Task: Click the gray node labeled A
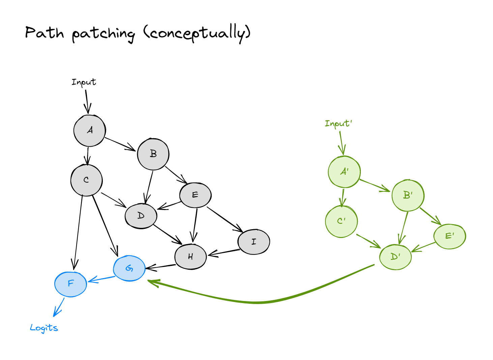pos(90,131)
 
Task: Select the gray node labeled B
pos(153,154)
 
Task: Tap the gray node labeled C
pos(87,180)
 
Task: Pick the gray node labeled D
pos(141,216)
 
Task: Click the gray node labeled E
pos(196,195)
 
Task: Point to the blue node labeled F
pos(71,284)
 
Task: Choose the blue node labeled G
pos(129,268)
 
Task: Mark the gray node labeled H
pos(191,257)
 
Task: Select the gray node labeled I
pos(254,242)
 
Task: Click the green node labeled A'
pos(344,172)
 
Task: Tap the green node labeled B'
pos(408,196)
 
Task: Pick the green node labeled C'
pos(341,221)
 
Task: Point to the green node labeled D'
pos(396,257)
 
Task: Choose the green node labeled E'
pos(450,236)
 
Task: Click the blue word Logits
pos(44,328)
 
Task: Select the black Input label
pos(84,82)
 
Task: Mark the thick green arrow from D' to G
pos(256,302)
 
